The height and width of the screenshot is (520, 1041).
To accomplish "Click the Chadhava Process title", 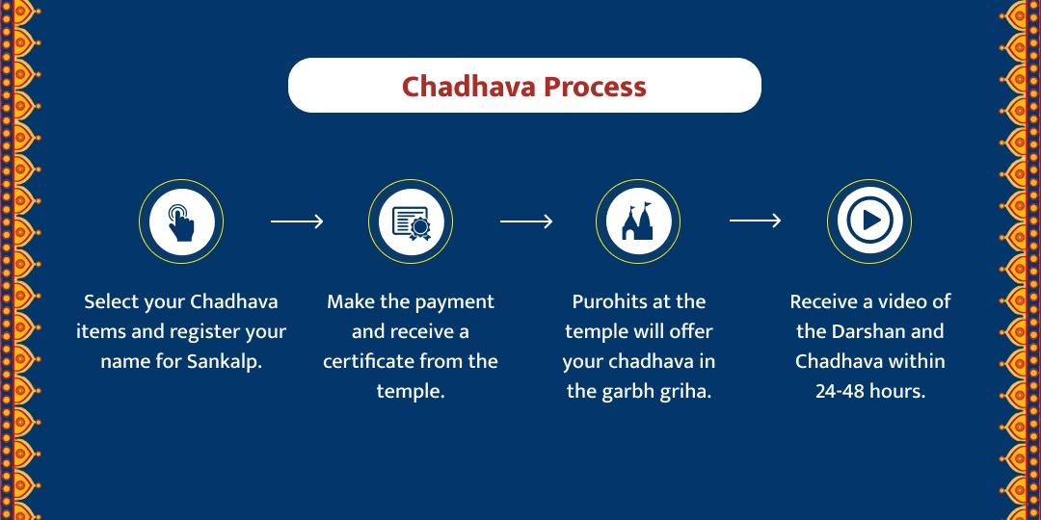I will pyautogui.click(x=523, y=87).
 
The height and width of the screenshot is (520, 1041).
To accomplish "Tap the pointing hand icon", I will pyautogui.click(x=181, y=221).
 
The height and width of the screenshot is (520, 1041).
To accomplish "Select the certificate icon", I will pyautogui.click(x=411, y=221).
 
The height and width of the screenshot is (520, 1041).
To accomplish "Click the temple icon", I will pyautogui.click(x=638, y=221).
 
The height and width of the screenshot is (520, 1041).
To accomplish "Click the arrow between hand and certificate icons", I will pyautogui.click(x=296, y=221).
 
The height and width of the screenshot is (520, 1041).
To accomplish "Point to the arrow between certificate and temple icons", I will pyautogui.click(x=525, y=221).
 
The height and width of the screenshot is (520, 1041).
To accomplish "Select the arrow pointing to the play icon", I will pyautogui.click(x=755, y=221).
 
